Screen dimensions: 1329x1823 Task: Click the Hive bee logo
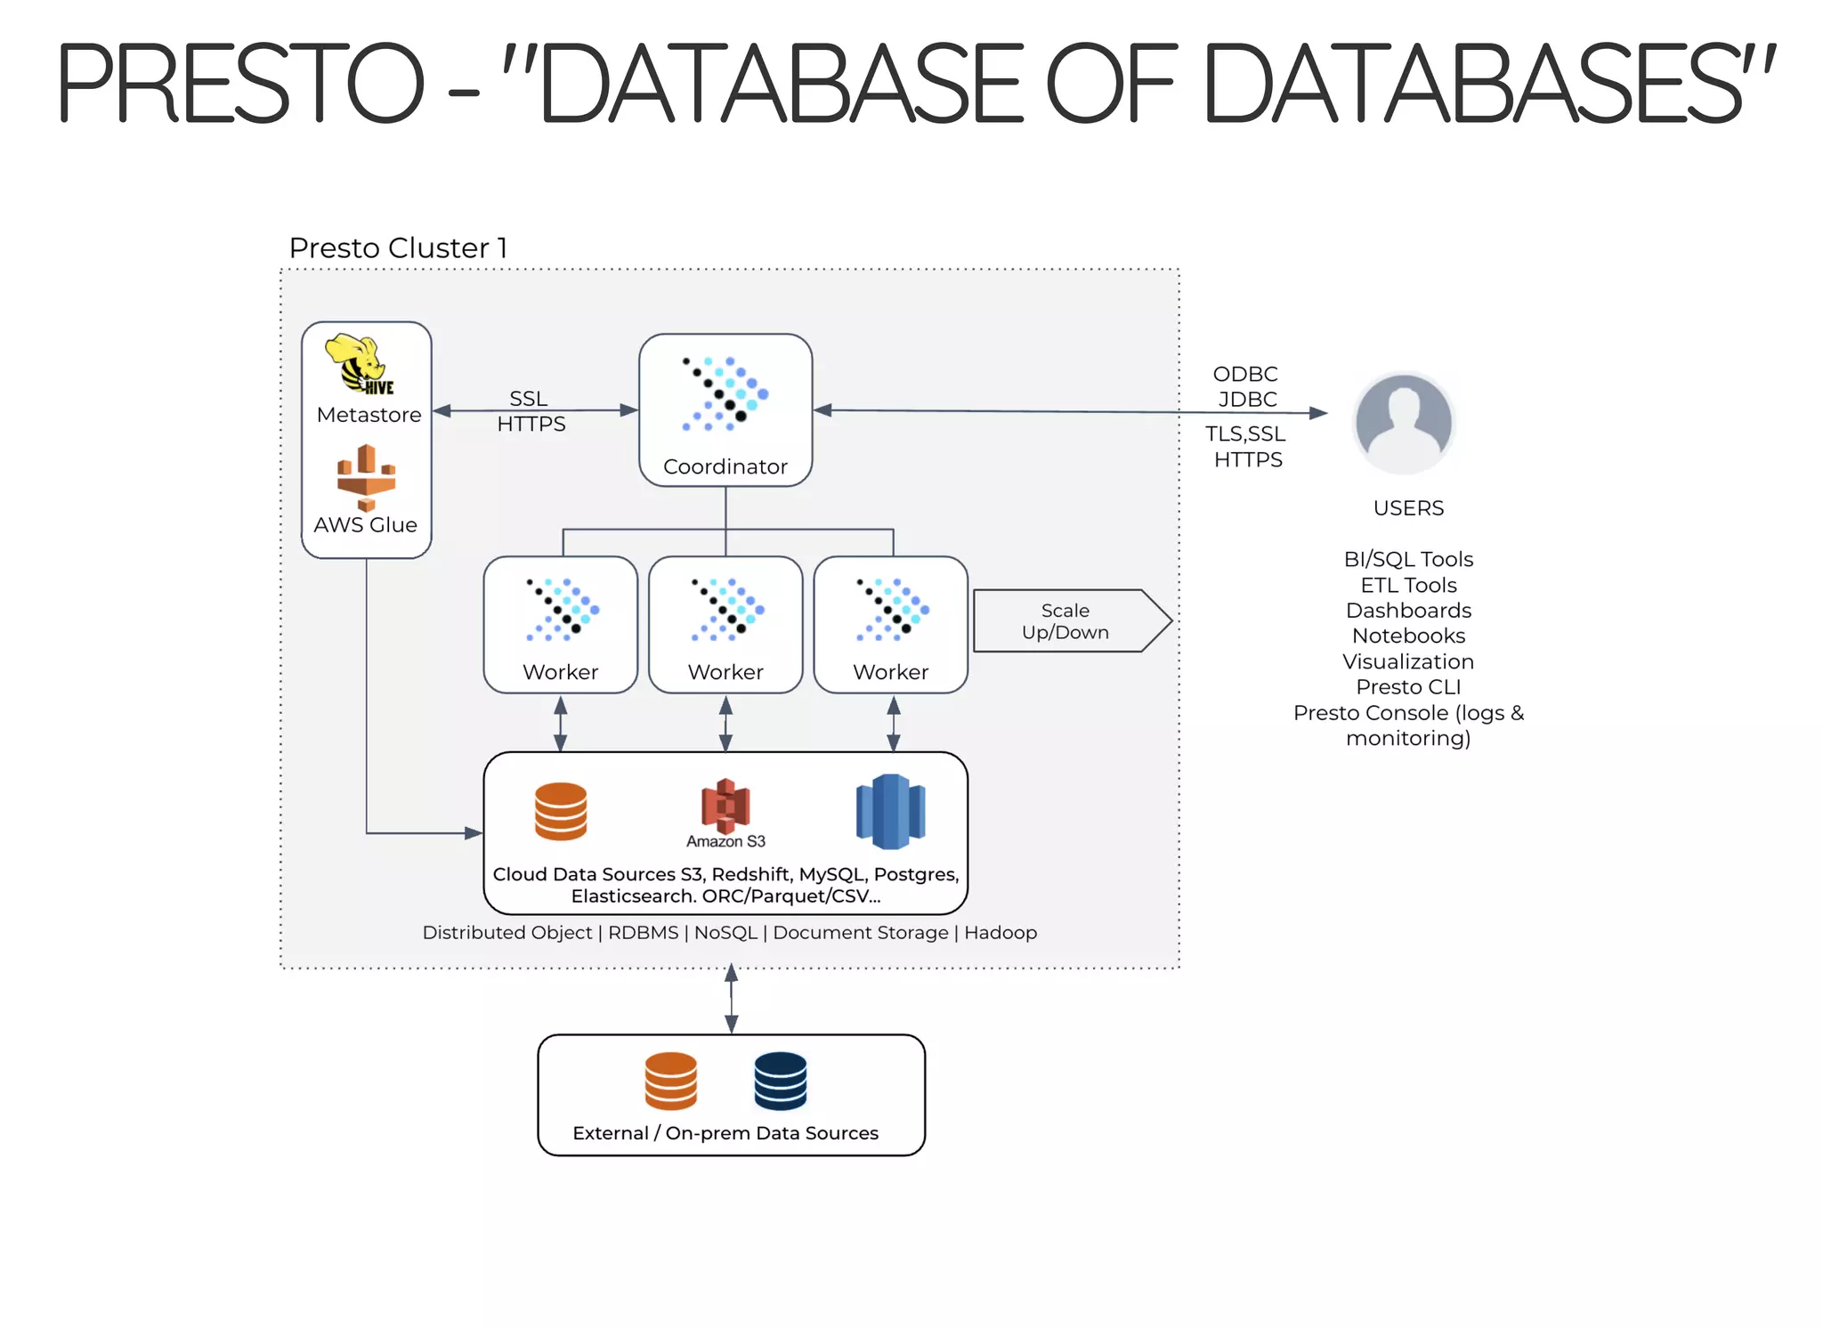[360, 363]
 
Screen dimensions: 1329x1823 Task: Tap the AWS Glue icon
[366, 478]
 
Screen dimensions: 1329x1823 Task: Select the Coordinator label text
[725, 466]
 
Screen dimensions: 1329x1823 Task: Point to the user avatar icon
[1403, 424]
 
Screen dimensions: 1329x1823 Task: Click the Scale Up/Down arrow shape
[1071, 621]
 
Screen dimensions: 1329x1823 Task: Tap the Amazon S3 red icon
[725, 805]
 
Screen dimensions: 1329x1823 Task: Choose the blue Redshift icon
[890, 811]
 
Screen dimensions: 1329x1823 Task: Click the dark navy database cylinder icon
[780, 1081]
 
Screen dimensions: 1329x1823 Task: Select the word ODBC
[1244, 374]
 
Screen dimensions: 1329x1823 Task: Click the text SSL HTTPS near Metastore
[531, 411]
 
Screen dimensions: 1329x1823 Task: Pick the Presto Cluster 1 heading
[398, 247]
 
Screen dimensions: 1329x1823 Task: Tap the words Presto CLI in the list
[1407, 687]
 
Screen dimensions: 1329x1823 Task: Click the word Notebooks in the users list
[1407, 636]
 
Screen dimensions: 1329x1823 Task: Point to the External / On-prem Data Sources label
[725, 1133]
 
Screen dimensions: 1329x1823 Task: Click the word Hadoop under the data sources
[1000, 933]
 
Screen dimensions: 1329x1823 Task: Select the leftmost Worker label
[560, 672]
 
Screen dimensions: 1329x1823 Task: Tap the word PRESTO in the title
[240, 85]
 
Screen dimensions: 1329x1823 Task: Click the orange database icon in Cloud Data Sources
[560, 811]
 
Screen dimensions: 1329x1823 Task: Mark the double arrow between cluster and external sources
[731, 999]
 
